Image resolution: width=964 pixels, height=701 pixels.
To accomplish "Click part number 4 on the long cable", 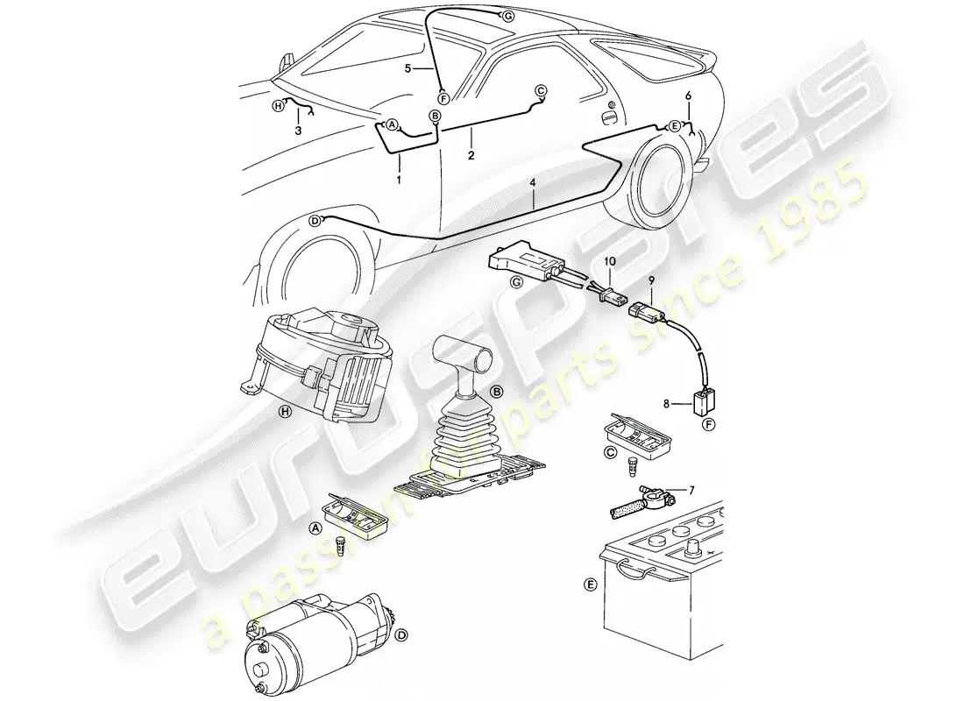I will pyautogui.click(x=534, y=184).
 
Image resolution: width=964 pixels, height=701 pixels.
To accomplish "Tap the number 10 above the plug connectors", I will pyautogui.click(x=611, y=262).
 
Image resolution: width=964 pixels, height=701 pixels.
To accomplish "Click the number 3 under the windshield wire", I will pyautogui.click(x=299, y=130).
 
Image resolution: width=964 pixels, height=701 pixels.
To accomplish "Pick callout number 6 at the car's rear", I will pyautogui.click(x=689, y=95).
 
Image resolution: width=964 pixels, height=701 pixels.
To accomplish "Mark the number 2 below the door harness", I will pyautogui.click(x=471, y=156).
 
